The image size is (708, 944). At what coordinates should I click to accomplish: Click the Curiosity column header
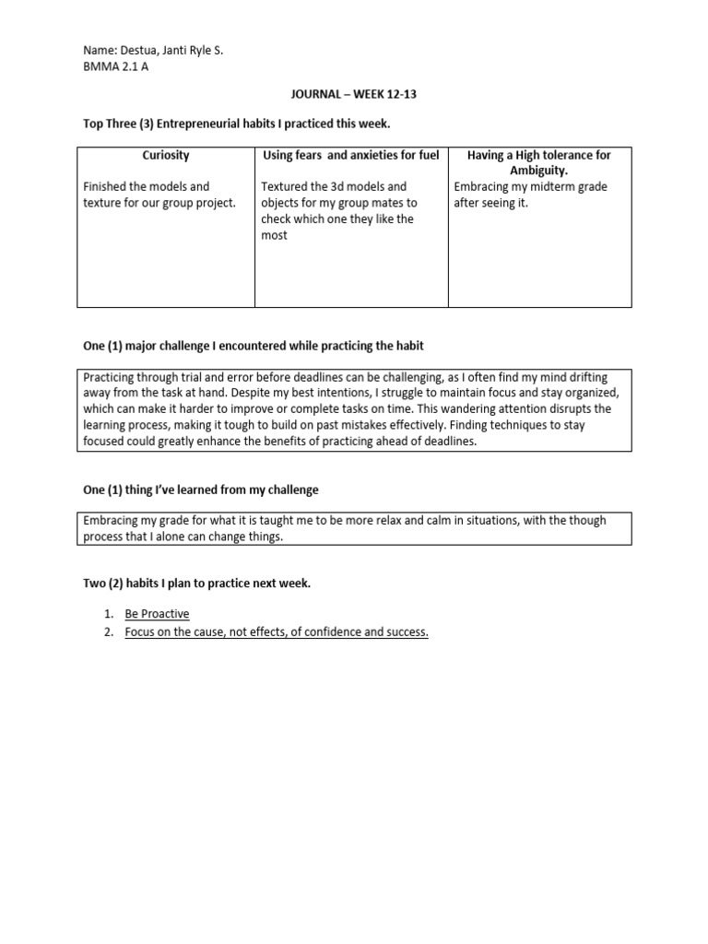[166, 155]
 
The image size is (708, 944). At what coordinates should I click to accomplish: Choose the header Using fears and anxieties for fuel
[351, 155]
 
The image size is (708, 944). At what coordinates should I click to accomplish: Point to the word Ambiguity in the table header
[539, 171]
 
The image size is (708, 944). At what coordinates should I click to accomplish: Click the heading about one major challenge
[254, 345]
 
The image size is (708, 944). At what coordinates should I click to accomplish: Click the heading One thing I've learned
[202, 489]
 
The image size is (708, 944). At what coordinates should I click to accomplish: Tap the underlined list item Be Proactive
[157, 613]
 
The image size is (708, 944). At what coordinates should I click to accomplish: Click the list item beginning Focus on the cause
[277, 631]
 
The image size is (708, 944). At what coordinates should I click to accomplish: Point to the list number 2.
[108, 631]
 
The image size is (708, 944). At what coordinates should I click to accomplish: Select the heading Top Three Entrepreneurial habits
[230, 124]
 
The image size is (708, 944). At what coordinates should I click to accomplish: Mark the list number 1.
[108, 613]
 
